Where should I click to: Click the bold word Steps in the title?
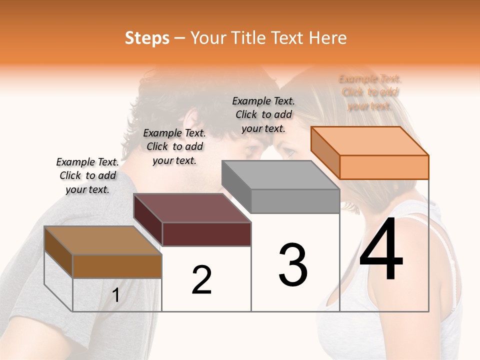147,38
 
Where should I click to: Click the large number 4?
381,250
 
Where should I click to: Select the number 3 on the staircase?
293,265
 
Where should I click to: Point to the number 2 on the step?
201,280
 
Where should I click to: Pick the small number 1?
116,296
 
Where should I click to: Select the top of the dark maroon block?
192,207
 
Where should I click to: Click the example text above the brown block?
87,175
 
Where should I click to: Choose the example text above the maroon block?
174,146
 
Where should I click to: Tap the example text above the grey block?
263,114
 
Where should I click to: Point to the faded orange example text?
370,92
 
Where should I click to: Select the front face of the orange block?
384,167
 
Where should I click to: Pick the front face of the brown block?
117,266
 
